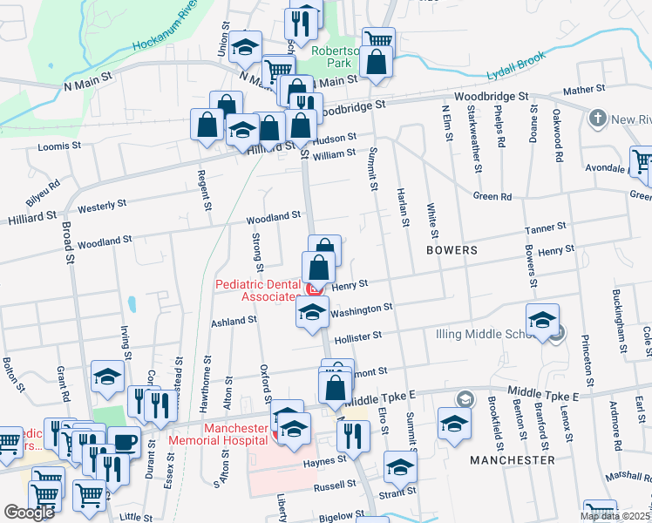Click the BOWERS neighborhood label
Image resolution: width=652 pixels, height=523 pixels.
click(x=452, y=250)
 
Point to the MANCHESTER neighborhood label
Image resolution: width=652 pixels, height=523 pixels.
click(x=512, y=459)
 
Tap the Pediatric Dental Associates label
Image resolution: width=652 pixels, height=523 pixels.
click(x=257, y=290)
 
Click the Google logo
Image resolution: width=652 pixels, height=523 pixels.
click(x=30, y=513)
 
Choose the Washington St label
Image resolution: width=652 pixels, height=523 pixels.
click(x=362, y=309)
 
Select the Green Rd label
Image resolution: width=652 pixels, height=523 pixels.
click(x=492, y=196)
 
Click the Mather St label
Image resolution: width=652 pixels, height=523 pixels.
click(x=584, y=89)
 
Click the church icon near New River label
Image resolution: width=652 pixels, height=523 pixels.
click(x=597, y=118)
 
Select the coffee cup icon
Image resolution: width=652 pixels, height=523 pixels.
click(x=124, y=442)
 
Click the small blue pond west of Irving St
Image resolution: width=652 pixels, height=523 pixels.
click(x=132, y=304)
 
